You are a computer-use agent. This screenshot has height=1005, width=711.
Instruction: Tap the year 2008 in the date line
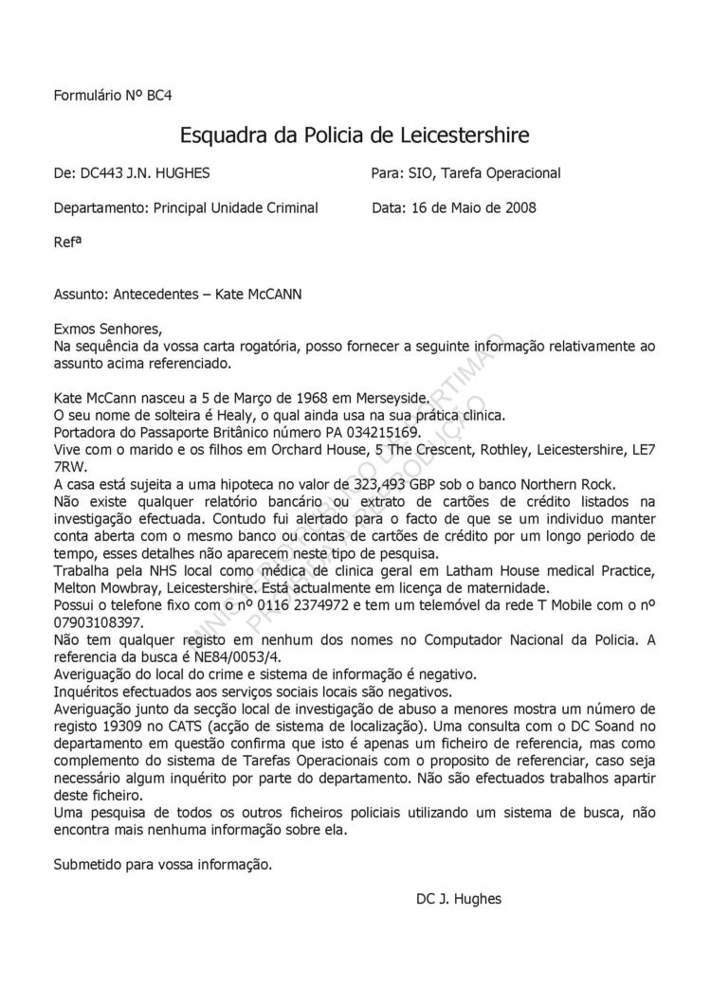click(520, 207)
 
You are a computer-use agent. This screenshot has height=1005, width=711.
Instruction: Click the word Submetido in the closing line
click(90, 863)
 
